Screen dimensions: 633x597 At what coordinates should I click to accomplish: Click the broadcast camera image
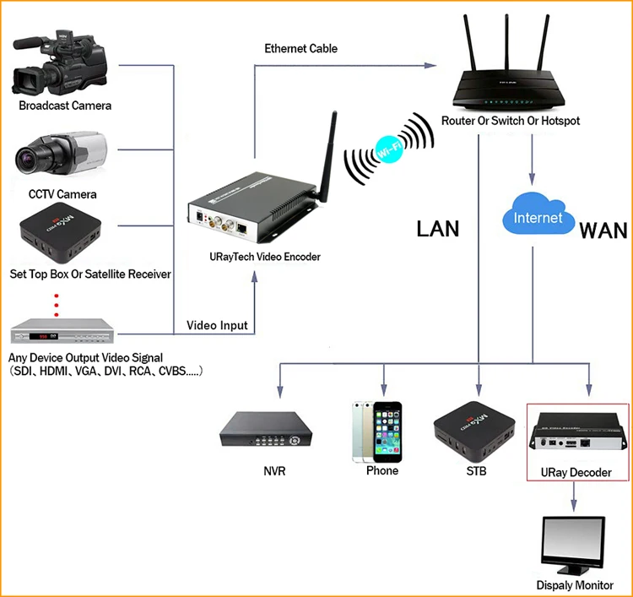pyautogui.click(x=60, y=63)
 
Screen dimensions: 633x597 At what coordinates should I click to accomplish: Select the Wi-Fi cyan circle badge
pyautogui.click(x=389, y=149)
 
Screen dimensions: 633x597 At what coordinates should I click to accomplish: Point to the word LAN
pyautogui.click(x=437, y=229)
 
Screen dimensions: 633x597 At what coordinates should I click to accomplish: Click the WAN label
pyautogui.click(x=603, y=231)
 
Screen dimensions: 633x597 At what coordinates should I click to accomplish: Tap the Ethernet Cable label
pyautogui.click(x=300, y=48)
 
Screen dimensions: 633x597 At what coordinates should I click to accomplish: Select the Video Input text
pyautogui.click(x=217, y=325)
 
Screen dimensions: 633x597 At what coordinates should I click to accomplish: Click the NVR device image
pyautogui.click(x=266, y=429)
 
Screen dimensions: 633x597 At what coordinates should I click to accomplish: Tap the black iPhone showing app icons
pyautogui.click(x=387, y=431)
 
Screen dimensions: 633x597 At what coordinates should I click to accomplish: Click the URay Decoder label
pyautogui.click(x=576, y=473)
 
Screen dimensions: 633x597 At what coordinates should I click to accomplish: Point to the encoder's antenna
pyautogui.click(x=327, y=157)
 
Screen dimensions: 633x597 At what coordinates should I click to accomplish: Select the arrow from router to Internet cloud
pyautogui.click(x=532, y=160)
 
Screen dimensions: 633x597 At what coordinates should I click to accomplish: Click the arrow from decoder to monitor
pyautogui.click(x=574, y=496)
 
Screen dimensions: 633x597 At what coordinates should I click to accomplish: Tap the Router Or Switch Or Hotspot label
pyautogui.click(x=511, y=121)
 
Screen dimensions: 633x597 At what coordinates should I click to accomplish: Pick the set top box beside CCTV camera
pyautogui.click(x=60, y=233)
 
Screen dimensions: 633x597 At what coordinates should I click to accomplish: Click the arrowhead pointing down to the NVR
pyautogui.click(x=280, y=391)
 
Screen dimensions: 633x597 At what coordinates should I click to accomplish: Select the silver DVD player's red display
pyautogui.click(x=43, y=336)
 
